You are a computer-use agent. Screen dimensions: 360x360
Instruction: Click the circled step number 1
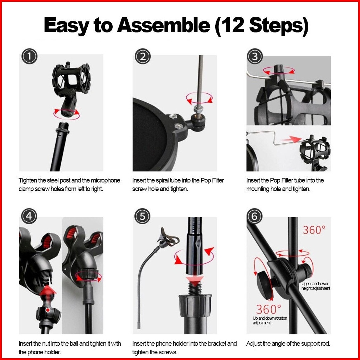(x=30, y=56)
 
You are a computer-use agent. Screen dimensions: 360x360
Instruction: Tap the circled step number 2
(x=143, y=56)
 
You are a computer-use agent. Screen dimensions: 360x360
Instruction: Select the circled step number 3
(x=255, y=56)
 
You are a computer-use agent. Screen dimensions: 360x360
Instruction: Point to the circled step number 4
(x=29, y=216)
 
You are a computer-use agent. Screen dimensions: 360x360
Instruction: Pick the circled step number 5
(x=142, y=216)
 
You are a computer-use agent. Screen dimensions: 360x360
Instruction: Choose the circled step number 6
(x=254, y=216)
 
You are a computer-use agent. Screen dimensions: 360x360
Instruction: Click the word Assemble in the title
(x=164, y=25)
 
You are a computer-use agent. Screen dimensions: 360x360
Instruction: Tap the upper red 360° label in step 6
(x=314, y=230)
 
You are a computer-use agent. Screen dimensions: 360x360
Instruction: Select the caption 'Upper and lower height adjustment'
(x=316, y=286)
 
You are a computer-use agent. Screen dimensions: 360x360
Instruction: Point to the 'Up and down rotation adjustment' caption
(x=270, y=320)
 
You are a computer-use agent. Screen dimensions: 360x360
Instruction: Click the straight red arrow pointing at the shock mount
(x=292, y=139)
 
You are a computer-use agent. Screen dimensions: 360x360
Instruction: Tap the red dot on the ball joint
(x=48, y=310)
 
